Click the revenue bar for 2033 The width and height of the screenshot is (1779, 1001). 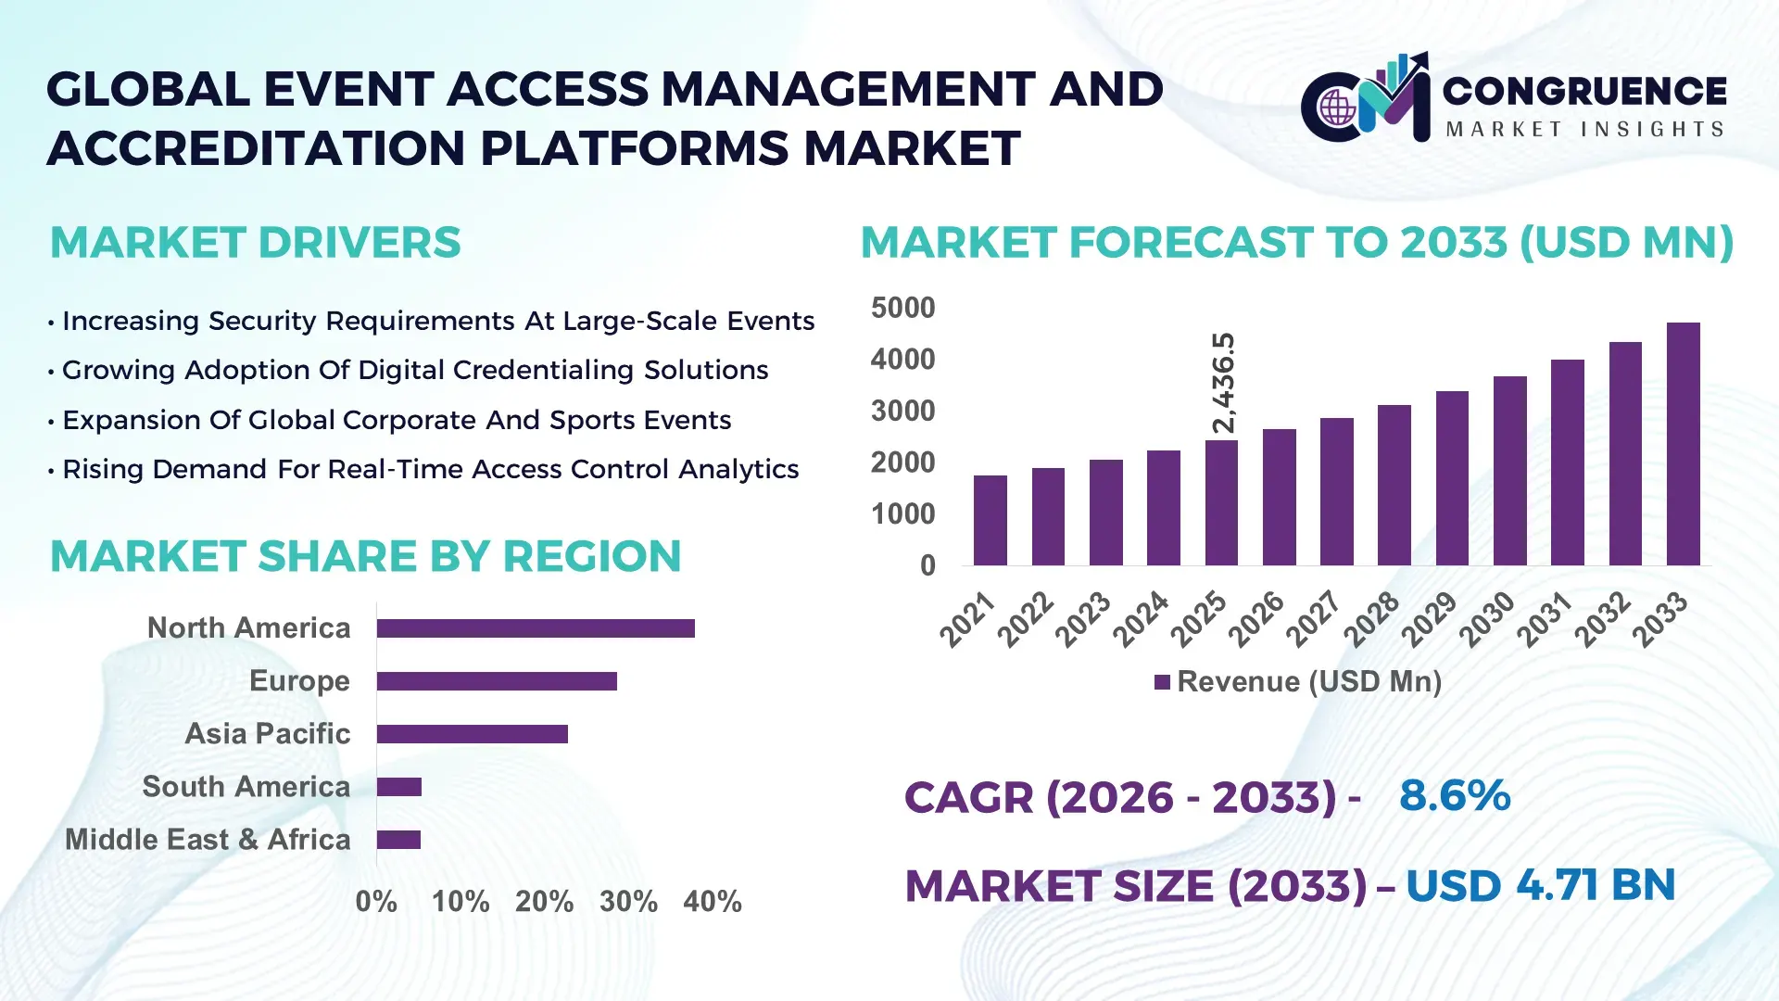pyautogui.click(x=1683, y=444)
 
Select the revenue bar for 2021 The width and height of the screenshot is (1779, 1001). pyautogui.click(x=990, y=520)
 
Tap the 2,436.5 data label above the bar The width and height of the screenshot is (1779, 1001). pyautogui.click(x=1224, y=383)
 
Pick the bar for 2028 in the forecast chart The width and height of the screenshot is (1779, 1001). pyautogui.click(x=1394, y=485)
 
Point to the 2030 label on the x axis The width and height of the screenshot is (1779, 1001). pyautogui.click(x=1486, y=618)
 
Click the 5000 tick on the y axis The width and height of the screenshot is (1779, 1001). pyautogui.click(x=902, y=308)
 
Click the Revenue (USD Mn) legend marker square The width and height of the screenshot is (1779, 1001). pyautogui.click(x=1162, y=682)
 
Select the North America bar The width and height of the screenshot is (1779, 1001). pyautogui.click(x=536, y=628)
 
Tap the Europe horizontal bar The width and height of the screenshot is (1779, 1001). pyautogui.click(x=497, y=681)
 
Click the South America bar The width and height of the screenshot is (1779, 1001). pyautogui.click(x=399, y=787)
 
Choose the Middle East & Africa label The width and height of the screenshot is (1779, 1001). pyautogui.click(x=208, y=840)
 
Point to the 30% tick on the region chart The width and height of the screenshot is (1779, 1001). pyautogui.click(x=628, y=901)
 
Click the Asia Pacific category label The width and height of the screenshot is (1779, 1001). pyautogui.click(x=267, y=734)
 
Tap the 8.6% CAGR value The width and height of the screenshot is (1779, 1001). pyautogui.click(x=1455, y=795)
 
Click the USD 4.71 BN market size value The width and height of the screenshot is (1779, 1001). pyautogui.click(x=1540, y=885)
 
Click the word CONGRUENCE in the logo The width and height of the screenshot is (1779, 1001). pyautogui.click(x=1584, y=91)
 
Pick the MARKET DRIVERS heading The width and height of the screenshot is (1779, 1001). pyautogui.click(x=255, y=243)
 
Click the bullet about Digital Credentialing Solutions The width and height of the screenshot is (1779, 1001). pyautogui.click(x=415, y=370)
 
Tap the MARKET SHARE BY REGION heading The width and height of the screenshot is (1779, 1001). pyautogui.click(x=365, y=557)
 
